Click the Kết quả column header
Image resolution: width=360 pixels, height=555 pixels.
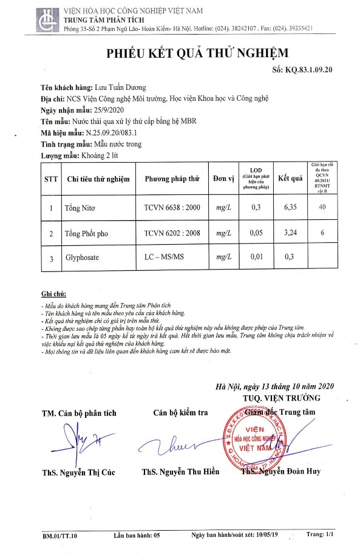(x=290, y=179)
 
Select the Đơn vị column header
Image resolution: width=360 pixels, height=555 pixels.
(x=223, y=179)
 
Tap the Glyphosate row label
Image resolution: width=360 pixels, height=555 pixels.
(x=81, y=258)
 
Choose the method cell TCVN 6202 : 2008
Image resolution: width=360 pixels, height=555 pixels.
(x=172, y=233)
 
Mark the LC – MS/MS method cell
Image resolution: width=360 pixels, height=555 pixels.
(x=165, y=258)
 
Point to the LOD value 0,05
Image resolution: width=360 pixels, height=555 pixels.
(x=256, y=233)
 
